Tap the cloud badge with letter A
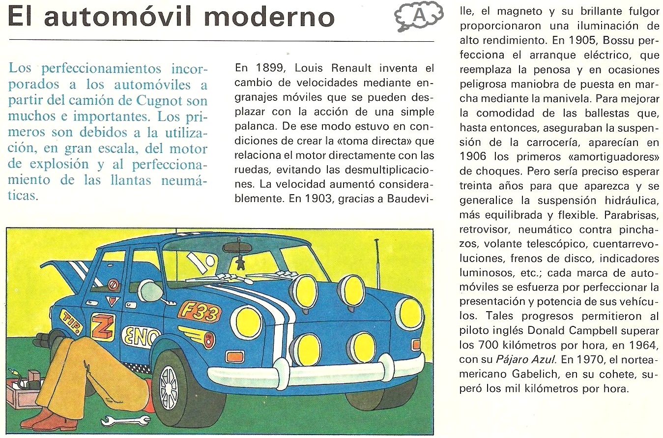418,17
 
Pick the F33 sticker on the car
199,311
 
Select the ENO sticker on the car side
141,337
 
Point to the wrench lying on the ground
125,421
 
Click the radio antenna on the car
376,265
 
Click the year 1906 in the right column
477,157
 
